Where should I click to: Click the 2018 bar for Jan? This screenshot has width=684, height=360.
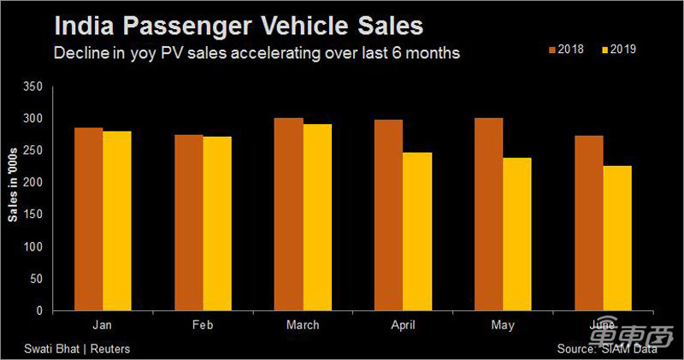[x=89, y=219]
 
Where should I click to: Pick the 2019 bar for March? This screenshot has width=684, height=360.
[x=317, y=217]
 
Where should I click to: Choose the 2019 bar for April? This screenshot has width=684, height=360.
[x=417, y=231]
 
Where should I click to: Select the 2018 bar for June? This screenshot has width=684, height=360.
[x=588, y=223]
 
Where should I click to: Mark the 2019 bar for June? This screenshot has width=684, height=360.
[x=617, y=239]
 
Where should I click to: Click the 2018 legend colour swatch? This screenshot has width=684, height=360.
[x=551, y=50]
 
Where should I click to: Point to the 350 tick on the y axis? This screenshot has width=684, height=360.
[x=34, y=86]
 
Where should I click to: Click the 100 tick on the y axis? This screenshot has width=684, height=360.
[x=34, y=247]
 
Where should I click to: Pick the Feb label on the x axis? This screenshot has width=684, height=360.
[x=203, y=325]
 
